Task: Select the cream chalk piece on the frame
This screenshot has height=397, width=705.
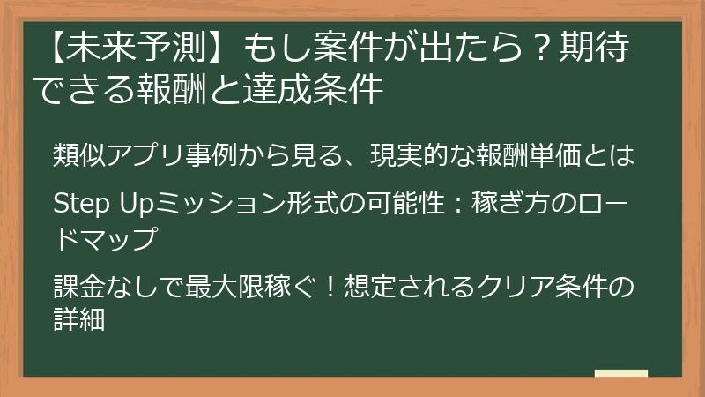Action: click(x=622, y=373)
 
